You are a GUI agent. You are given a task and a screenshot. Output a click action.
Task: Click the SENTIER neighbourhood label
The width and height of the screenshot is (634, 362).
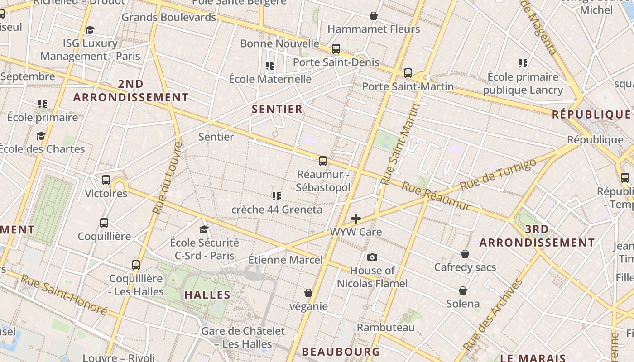(277, 109)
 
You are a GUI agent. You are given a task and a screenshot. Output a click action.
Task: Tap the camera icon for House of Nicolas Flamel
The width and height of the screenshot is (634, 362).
(372, 257)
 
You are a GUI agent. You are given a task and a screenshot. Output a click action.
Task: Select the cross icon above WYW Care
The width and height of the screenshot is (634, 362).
(356, 219)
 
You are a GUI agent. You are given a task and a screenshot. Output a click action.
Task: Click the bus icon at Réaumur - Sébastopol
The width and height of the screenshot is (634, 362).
(323, 161)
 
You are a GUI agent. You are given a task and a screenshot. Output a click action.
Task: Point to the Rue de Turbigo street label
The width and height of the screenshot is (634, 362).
(498, 174)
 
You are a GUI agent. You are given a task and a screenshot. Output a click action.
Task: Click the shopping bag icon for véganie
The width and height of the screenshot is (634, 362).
(308, 293)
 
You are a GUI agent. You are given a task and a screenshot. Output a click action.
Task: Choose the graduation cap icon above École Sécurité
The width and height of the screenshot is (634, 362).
(204, 229)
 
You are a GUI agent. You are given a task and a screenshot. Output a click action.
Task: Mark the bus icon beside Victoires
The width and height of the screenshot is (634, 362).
(106, 180)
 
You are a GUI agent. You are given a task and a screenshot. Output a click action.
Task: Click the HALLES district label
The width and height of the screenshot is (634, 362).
(208, 295)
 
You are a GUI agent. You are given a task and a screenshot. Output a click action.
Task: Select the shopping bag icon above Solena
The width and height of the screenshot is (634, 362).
(463, 290)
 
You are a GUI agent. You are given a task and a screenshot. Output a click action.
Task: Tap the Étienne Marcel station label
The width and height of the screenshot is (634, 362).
(285, 260)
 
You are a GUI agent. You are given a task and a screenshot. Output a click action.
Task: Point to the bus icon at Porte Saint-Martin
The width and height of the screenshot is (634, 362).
(408, 73)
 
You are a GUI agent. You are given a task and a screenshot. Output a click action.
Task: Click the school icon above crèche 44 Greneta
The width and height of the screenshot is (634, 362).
(277, 196)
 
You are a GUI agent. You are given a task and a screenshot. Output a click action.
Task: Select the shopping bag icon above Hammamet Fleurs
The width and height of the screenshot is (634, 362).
(374, 16)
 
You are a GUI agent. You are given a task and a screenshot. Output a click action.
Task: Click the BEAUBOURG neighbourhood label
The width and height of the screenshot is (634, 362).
(341, 352)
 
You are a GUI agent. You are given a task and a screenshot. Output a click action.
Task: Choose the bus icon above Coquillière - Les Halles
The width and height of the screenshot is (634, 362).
(136, 265)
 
